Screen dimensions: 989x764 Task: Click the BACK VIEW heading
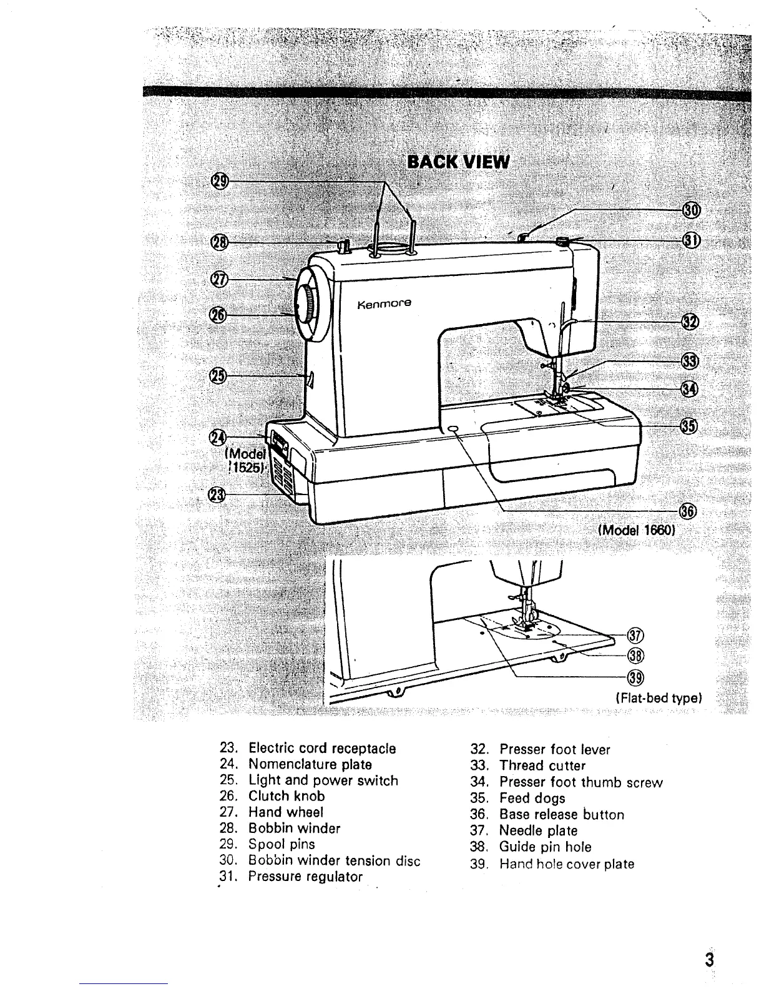[458, 162]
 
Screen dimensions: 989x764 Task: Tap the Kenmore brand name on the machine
[385, 305]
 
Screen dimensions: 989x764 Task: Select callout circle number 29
[220, 181]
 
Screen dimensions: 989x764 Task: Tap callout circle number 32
[690, 322]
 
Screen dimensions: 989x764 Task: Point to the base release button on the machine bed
[453, 429]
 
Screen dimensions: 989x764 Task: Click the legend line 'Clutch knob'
[286, 796]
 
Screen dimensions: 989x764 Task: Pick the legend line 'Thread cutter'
[542, 765]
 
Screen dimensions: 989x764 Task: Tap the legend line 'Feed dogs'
[532, 798]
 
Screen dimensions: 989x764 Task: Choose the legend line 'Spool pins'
[281, 845]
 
